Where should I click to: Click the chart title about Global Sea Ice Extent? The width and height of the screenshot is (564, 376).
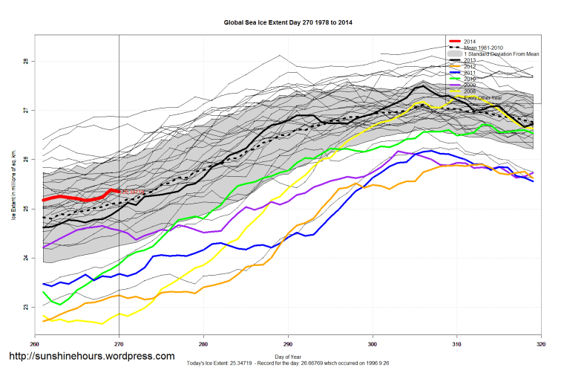point(288,23)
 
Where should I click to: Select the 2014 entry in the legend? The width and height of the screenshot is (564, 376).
point(470,41)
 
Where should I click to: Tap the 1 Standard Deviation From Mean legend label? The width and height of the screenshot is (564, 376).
point(501,54)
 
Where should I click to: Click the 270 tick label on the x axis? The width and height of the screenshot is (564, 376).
point(119,343)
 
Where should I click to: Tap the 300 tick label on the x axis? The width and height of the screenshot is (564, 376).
point(373,343)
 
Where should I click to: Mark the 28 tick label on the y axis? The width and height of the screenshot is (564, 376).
point(24,62)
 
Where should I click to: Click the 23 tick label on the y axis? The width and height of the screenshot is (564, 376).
point(24,307)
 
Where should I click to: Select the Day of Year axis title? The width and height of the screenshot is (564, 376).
point(288,357)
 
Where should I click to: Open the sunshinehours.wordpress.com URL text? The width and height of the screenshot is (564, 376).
point(91,357)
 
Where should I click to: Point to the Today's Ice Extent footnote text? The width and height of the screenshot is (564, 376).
point(288,365)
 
